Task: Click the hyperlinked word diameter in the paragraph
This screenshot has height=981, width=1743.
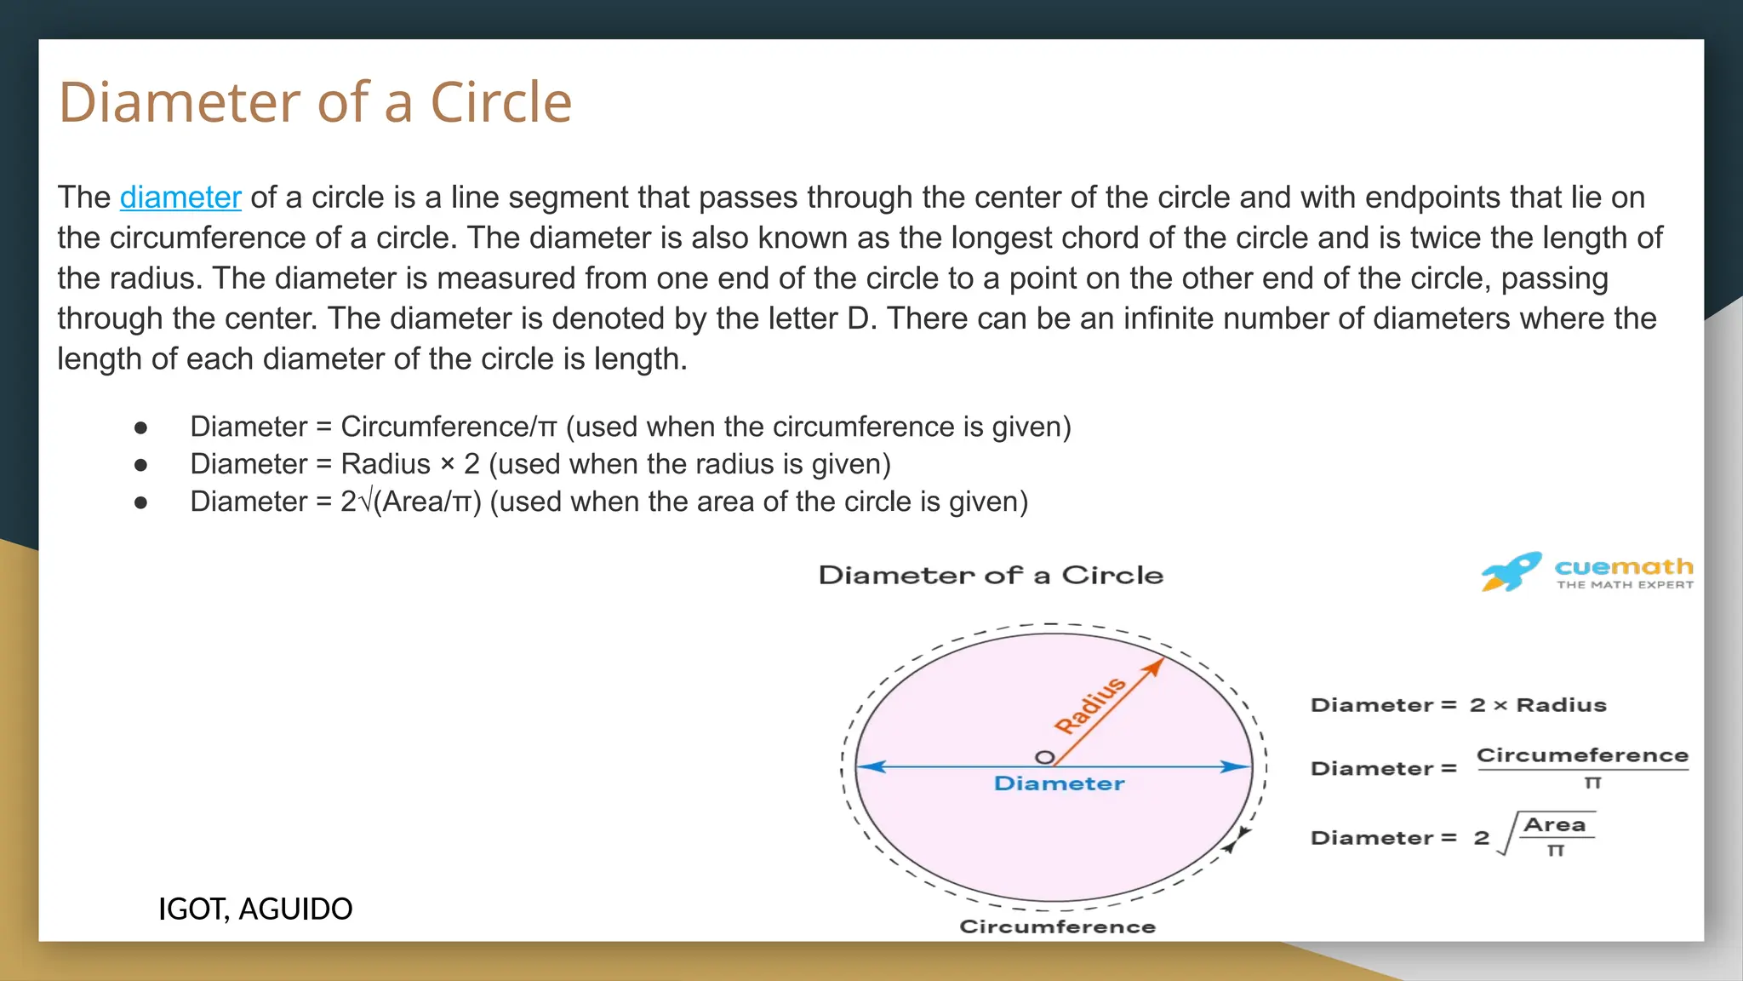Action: pos(180,198)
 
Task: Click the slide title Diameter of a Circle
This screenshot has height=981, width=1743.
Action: pos(315,102)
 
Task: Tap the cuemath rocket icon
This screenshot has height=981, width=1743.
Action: pos(1511,571)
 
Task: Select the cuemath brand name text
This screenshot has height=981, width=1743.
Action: pos(1623,567)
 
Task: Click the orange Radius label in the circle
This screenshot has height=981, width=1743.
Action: pos(1090,705)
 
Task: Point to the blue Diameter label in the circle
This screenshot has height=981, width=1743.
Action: pos(1059,783)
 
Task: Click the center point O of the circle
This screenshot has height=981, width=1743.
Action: pos(1044,757)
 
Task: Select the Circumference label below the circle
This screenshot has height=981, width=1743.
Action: pos(1057,926)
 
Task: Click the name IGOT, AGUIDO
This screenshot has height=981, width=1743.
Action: pos(255,909)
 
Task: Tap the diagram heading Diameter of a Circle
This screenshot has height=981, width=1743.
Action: pos(991,576)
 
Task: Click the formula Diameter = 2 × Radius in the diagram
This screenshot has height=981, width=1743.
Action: pos(1458,705)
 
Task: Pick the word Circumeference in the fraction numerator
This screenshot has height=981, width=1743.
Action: pos(1581,755)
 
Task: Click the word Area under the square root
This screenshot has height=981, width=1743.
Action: pos(1554,824)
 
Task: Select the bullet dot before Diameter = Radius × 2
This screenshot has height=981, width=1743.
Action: pos(141,465)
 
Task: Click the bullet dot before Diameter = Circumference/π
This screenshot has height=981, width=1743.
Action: pos(141,427)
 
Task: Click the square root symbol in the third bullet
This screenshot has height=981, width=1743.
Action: pos(366,502)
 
